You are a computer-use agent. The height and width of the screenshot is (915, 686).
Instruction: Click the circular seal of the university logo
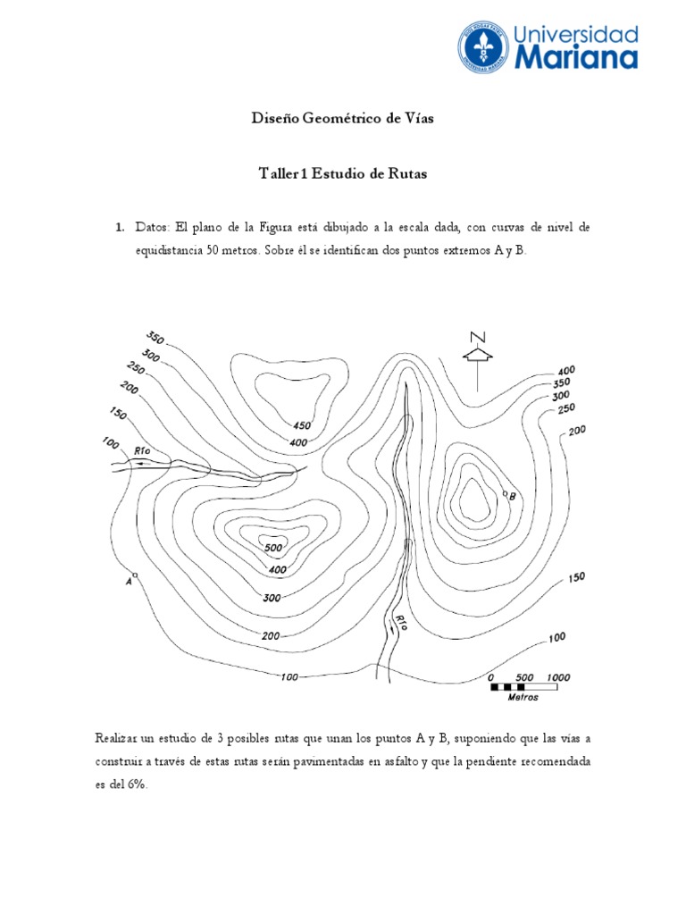point(482,47)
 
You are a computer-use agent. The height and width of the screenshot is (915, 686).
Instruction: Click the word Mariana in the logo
point(575,58)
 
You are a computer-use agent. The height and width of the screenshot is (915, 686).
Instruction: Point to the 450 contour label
point(301,425)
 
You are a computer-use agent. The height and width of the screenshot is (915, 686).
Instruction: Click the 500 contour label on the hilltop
point(273,547)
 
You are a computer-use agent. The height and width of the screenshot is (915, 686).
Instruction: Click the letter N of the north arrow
point(479,336)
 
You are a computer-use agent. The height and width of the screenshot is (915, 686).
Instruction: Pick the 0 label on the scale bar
point(490,676)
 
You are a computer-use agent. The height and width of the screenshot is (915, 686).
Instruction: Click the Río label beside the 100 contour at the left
point(141,452)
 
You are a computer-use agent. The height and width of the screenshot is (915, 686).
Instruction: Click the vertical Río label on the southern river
point(400,623)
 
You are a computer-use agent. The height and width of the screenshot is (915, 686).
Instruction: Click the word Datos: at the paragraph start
point(153,228)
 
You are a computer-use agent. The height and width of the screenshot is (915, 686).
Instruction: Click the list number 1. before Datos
point(120,228)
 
